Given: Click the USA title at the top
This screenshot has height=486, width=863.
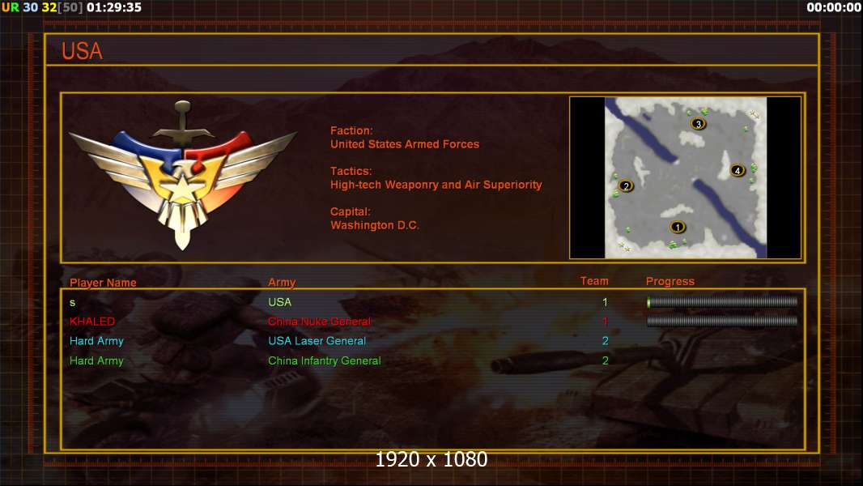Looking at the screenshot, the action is pyautogui.click(x=82, y=51).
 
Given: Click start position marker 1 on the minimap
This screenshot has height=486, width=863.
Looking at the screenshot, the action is pyautogui.click(x=678, y=227).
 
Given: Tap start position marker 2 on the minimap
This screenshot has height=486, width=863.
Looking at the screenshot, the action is pyautogui.click(x=626, y=186).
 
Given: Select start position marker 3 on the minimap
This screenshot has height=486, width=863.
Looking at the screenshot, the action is pyautogui.click(x=699, y=124).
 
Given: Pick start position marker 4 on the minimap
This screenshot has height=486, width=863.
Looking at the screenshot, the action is pyautogui.click(x=738, y=171).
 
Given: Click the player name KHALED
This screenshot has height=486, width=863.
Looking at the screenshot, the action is pyautogui.click(x=92, y=322).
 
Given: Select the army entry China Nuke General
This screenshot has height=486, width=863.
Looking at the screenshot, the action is pyautogui.click(x=319, y=322).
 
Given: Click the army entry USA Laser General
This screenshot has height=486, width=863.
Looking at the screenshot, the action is pyautogui.click(x=317, y=341).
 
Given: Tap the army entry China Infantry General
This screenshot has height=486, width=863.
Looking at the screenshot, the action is pyautogui.click(x=324, y=360).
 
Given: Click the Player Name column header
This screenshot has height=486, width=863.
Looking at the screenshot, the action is pyautogui.click(x=103, y=283).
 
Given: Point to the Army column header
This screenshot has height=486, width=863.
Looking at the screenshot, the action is pyautogui.click(x=282, y=283).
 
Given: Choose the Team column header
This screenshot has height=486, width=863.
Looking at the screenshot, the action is pyautogui.click(x=594, y=281).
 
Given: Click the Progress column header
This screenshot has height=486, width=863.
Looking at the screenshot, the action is pyautogui.click(x=670, y=282).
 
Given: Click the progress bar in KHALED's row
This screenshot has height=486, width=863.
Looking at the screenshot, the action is pyautogui.click(x=722, y=321).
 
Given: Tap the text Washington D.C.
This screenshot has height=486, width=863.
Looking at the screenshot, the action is pyautogui.click(x=375, y=225).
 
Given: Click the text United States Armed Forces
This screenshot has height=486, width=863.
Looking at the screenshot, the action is pyautogui.click(x=405, y=144).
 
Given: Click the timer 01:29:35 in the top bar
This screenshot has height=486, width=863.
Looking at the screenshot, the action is pyautogui.click(x=114, y=7).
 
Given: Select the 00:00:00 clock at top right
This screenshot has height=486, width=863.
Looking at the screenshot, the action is pyautogui.click(x=834, y=7).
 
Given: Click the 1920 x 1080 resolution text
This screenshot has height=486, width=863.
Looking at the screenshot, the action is pyautogui.click(x=431, y=459).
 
